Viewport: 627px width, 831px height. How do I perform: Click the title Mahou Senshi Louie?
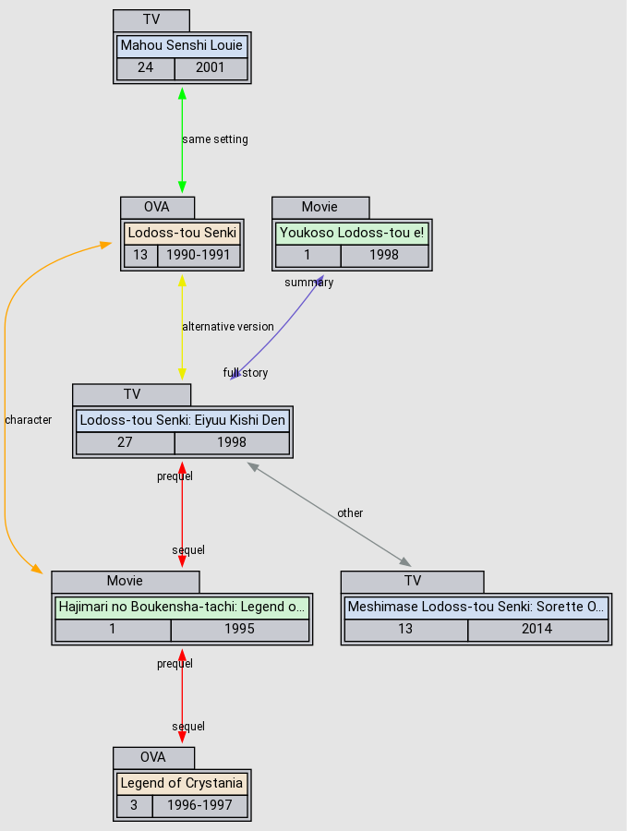(182, 45)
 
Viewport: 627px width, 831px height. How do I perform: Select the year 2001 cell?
(211, 67)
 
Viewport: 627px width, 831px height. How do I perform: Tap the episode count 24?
(145, 67)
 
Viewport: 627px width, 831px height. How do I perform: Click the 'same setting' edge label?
(215, 139)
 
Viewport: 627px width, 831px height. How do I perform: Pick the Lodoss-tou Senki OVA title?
(182, 232)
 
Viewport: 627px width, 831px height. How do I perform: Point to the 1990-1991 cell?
(199, 255)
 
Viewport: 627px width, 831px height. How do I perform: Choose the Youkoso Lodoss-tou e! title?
(352, 232)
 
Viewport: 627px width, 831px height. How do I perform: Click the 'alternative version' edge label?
(228, 327)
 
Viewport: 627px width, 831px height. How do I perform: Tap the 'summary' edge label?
(308, 283)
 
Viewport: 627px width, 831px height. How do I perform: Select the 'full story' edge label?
(246, 373)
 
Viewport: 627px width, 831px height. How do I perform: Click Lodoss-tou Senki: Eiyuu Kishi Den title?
(183, 420)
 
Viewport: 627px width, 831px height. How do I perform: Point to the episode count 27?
(125, 442)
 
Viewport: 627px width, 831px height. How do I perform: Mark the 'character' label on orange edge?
(29, 420)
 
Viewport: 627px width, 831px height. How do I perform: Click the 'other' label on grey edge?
(350, 513)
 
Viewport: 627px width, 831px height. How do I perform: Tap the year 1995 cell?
(239, 630)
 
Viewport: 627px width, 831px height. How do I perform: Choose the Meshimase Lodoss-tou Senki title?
(476, 608)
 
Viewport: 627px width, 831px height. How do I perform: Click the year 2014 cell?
(537, 630)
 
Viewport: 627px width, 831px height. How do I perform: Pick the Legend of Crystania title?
(182, 783)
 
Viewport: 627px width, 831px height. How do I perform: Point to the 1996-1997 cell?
(199, 805)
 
